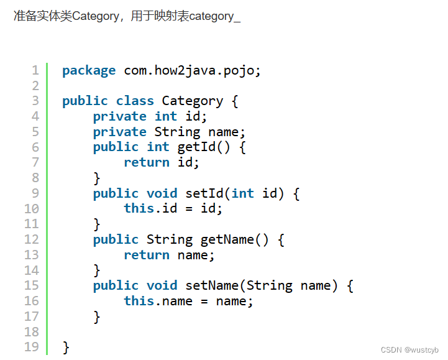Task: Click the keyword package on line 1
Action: tap(89, 70)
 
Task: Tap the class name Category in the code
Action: tap(192, 101)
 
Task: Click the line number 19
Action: tap(32, 346)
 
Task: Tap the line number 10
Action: tap(32, 208)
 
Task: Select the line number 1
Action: tap(35, 70)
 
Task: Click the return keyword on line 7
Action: tap(146, 162)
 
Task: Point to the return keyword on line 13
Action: tap(146, 255)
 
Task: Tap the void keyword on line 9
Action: tap(162, 193)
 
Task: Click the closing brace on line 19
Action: tap(66, 347)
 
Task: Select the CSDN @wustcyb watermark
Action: tap(409, 350)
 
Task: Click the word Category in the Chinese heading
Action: tap(95, 16)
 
